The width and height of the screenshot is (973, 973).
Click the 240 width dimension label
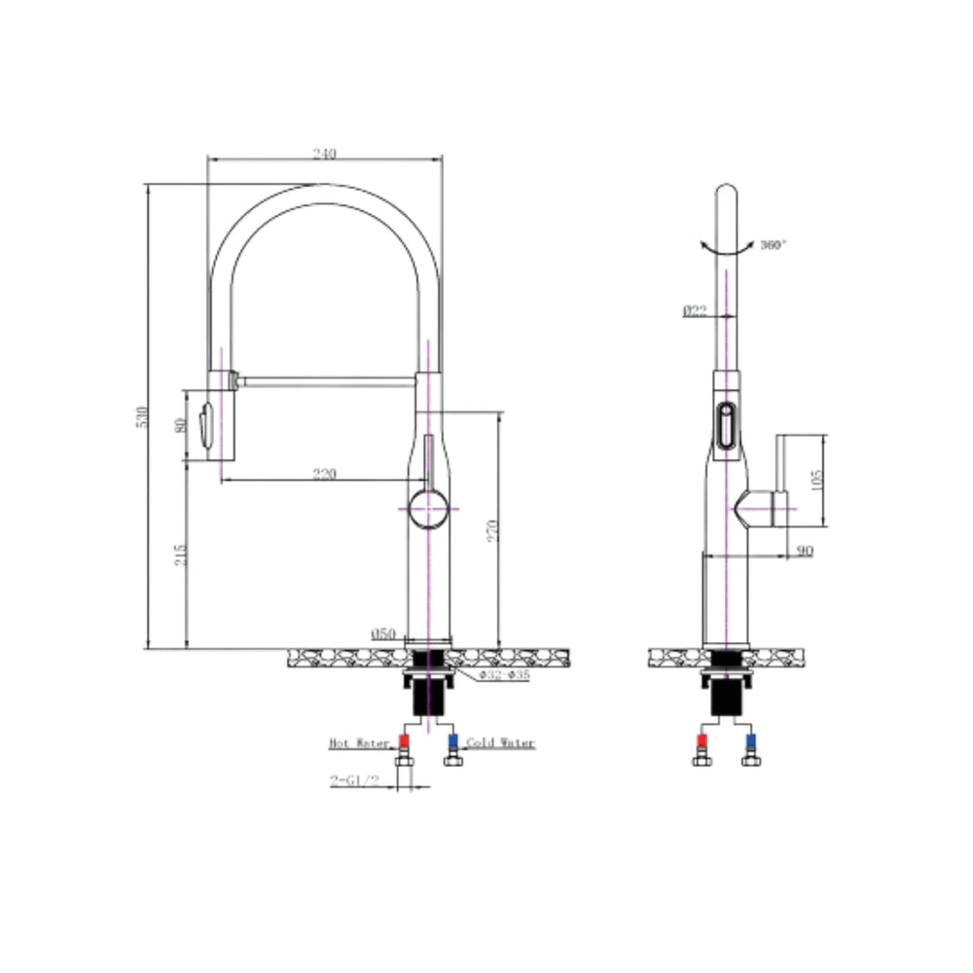(324, 154)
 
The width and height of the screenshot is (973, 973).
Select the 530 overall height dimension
(142, 416)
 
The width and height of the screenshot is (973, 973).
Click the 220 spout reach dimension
(324, 474)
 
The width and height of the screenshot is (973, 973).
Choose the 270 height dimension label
(492, 529)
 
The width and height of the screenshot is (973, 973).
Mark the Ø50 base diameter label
(383, 633)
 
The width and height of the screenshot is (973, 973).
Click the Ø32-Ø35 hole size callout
(503, 675)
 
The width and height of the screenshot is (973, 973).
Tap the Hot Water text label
(359, 743)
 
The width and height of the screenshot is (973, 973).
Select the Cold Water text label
(500, 743)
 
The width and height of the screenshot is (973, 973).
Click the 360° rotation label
(773, 243)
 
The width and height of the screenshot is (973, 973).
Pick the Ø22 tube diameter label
(694, 311)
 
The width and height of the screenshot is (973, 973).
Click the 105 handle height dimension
(816, 478)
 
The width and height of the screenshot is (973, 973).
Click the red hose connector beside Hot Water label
(405, 742)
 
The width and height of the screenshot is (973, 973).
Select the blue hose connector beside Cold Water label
(451, 742)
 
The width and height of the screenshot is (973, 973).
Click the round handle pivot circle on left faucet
(427, 508)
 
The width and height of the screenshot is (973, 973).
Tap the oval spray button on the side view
(725, 425)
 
